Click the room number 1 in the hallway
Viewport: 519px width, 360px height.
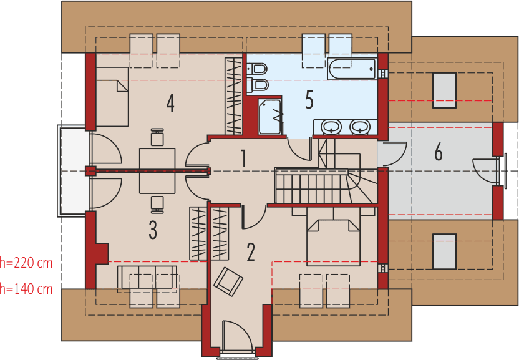tap(243, 158)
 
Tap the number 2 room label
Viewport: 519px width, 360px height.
tap(251, 252)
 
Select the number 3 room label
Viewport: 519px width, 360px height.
tap(153, 230)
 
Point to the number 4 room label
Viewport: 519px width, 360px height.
tap(170, 104)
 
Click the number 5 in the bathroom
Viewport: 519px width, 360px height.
tap(309, 100)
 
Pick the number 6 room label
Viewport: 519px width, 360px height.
tap(439, 152)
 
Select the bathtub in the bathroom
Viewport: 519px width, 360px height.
tap(352, 69)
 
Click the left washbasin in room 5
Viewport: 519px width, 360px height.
tap(331, 127)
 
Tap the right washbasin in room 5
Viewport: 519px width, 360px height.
tap(359, 127)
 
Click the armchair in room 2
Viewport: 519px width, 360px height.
tap(228, 281)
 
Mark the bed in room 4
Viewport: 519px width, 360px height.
tap(112, 97)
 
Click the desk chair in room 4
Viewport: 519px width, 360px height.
tap(157, 137)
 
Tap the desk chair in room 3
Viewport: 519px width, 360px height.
tap(157, 203)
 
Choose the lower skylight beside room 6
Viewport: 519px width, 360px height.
tap(444, 251)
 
